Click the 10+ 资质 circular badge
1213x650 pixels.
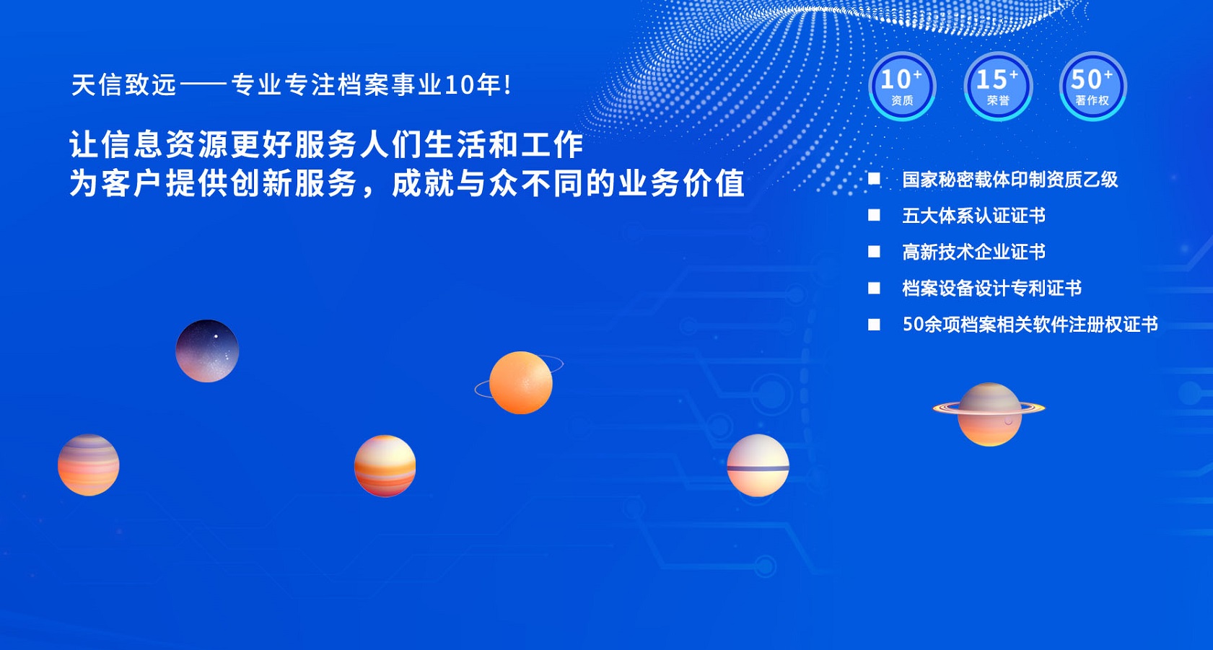point(902,87)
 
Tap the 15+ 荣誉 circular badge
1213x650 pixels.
point(998,87)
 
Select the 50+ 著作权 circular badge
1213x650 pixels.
point(1092,87)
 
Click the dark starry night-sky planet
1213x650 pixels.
point(207,351)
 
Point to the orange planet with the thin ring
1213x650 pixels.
point(520,382)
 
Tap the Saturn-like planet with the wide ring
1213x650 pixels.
point(989,414)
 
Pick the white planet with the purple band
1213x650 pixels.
point(758,465)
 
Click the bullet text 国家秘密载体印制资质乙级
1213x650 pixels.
point(1010,179)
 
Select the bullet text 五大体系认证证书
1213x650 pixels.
point(973,216)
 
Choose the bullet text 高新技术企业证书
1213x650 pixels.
point(973,252)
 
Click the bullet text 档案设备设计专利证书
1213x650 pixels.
point(992,288)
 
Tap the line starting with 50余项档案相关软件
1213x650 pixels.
point(1030,324)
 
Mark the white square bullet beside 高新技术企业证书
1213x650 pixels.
point(874,252)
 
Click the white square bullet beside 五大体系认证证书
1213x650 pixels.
point(874,216)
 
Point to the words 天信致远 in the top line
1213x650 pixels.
point(124,85)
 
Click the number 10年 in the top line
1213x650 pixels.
point(472,85)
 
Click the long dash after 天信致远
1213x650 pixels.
point(203,85)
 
